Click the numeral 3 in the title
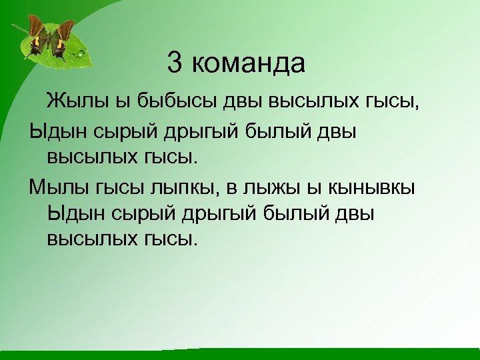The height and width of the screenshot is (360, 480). coord(175,64)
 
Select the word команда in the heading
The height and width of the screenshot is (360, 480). coord(248,65)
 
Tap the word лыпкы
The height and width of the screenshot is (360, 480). coord(181,189)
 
